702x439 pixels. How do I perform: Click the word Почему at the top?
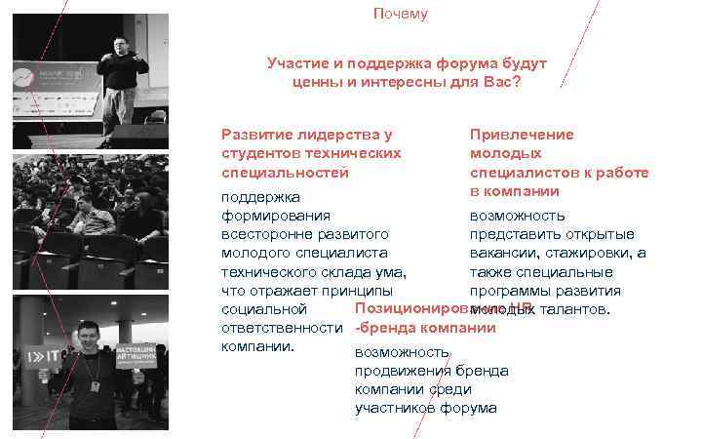coord(400,15)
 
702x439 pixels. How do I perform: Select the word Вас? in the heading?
coord(501,82)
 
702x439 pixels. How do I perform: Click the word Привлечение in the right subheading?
coord(522,135)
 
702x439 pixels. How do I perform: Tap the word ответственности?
coord(281,329)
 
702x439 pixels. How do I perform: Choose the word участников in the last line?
coord(395,408)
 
